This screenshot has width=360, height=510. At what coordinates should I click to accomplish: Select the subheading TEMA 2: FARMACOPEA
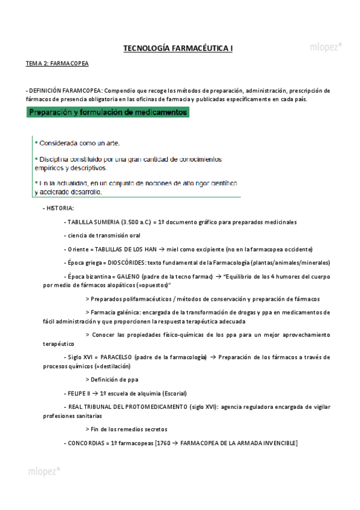tap(56, 63)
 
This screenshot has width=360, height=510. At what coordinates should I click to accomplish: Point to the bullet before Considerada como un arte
tap(36, 143)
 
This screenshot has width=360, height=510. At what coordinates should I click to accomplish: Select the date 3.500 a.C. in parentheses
tap(135, 222)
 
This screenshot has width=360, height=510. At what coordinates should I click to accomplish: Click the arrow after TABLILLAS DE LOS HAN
tap(162, 249)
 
